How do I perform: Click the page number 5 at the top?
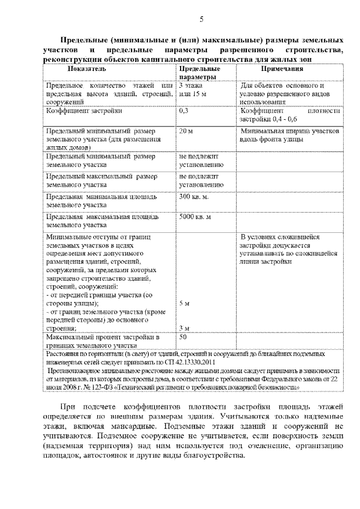200,20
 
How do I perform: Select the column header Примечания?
282,69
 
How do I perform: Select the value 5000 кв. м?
195,217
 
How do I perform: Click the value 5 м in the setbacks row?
184,303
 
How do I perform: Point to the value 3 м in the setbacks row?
184,328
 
